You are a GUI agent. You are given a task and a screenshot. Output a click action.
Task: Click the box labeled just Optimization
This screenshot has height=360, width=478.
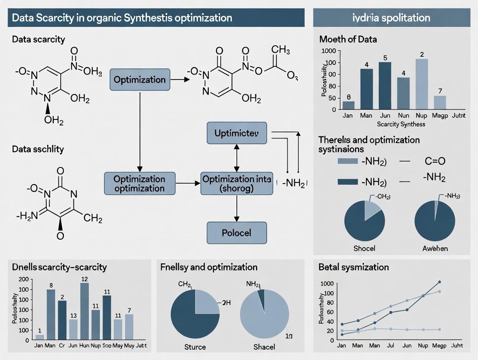[139, 80]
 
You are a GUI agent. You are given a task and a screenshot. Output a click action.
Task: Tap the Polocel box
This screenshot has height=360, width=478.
[236, 233]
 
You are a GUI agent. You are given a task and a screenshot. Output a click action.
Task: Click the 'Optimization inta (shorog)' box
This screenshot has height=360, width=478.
[237, 183]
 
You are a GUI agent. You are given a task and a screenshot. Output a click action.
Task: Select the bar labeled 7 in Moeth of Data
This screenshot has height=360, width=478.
[440, 102]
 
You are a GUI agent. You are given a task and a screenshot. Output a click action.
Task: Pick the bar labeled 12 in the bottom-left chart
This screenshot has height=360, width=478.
[84, 310]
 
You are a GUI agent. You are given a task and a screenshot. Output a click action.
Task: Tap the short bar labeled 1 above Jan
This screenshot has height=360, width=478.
[40, 336]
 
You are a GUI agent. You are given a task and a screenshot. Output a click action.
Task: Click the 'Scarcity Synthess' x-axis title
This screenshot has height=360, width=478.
[401, 124]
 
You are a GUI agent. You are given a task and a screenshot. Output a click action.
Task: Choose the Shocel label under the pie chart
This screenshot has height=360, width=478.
[364, 248]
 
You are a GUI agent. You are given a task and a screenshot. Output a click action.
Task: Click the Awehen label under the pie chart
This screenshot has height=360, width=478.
[435, 248]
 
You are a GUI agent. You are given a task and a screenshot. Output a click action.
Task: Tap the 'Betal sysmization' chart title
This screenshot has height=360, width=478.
[353, 267]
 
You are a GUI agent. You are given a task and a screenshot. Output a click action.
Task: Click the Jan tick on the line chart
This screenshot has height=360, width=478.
[341, 346]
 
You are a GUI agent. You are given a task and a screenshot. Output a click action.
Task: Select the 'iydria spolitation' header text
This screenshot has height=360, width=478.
[391, 18]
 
